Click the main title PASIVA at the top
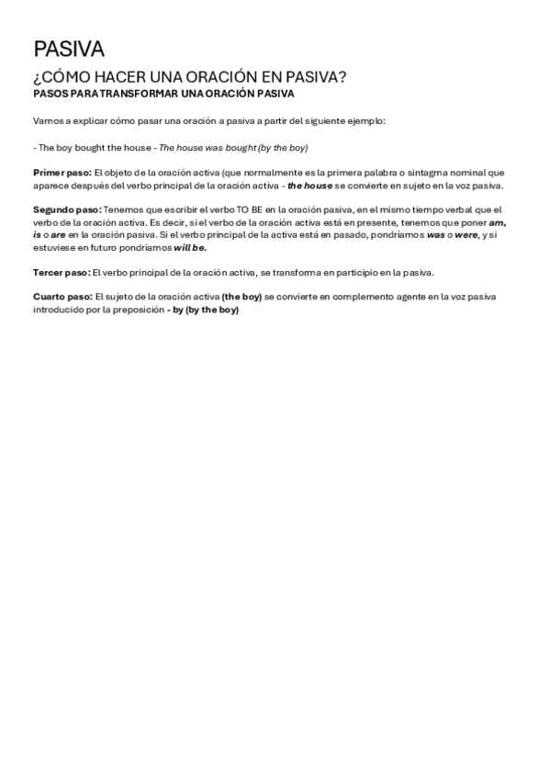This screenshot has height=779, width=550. pyautogui.click(x=69, y=49)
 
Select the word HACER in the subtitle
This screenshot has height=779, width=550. pyautogui.click(x=116, y=77)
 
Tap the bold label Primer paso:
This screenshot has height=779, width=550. pyautogui.click(x=62, y=173)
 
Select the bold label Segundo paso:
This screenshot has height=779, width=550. pyautogui.click(x=67, y=209)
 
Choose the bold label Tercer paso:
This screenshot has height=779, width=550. pyautogui.click(x=62, y=272)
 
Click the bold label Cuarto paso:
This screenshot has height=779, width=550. pyautogui.click(x=62, y=298)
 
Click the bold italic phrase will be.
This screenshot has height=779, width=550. pyautogui.click(x=190, y=248)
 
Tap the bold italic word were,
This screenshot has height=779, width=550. pyautogui.click(x=467, y=235)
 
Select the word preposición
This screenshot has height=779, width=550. pyautogui.click(x=138, y=310)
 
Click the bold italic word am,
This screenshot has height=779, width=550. pyautogui.click(x=498, y=222)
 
